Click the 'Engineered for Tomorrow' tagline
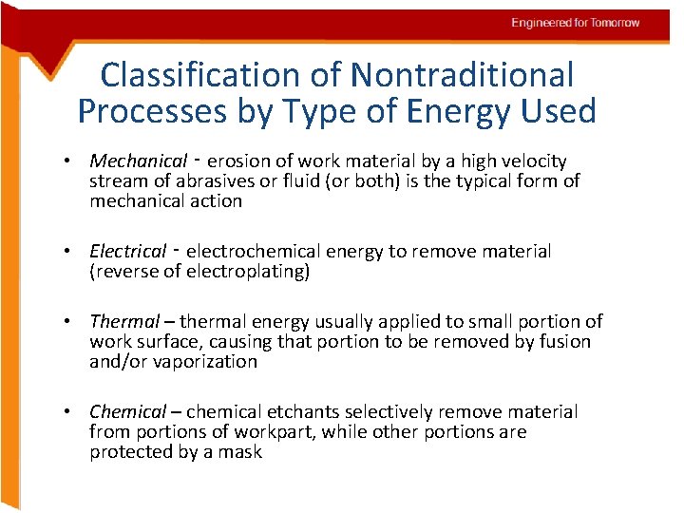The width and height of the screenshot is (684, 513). click(x=576, y=23)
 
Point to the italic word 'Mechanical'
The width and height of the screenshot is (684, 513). click(x=139, y=161)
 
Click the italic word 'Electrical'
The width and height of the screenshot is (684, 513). click(x=127, y=252)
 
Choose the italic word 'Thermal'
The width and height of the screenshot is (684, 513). click(x=122, y=322)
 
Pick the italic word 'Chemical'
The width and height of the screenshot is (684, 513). click(x=127, y=412)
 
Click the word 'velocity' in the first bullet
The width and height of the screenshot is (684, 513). click(x=535, y=161)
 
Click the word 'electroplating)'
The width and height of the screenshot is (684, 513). click(x=249, y=272)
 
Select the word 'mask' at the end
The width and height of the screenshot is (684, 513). click(x=243, y=452)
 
